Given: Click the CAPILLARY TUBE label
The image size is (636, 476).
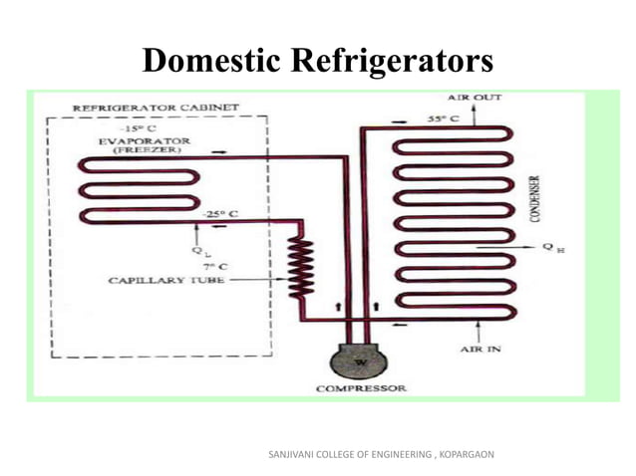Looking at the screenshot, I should tap(163, 282).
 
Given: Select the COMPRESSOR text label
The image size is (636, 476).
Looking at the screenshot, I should tap(361, 388).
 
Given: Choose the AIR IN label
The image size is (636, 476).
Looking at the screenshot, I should tap(480, 351).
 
